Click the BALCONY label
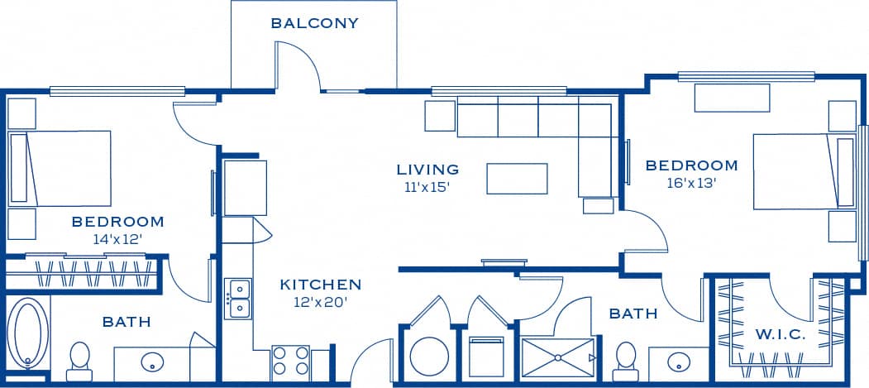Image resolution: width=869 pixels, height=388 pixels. click(314, 23)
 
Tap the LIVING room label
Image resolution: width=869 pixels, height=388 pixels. click(427, 170)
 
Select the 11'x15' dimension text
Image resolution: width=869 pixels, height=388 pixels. click(427, 187)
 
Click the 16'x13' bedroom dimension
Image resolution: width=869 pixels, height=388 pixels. click(691, 183)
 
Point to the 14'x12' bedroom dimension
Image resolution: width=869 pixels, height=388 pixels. click(118, 238)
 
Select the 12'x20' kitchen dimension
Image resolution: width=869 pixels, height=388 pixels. click(320, 302)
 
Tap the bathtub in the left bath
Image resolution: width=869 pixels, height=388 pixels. click(28, 333)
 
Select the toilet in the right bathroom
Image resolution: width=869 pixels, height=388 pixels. click(626, 357)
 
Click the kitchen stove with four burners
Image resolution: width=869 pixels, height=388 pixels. click(290, 362)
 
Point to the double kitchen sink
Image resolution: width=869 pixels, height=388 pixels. click(238, 299)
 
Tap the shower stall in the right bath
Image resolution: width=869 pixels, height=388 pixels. click(558, 357)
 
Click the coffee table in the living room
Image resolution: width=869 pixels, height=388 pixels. click(517, 178)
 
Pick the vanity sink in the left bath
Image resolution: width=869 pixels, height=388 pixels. click(151, 362)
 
